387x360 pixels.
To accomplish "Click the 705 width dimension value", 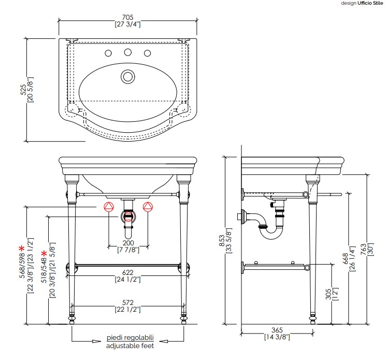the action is click(127, 17).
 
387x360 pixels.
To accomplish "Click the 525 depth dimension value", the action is click(23, 90).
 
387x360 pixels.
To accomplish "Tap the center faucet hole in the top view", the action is click(128, 52).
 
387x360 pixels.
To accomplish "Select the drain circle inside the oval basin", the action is click(128, 77).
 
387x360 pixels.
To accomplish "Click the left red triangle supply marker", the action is click(109, 207).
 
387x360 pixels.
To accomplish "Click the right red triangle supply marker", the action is click(148, 206).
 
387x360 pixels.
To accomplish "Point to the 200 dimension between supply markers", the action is click(128, 243).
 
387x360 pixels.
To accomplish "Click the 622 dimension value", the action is click(127, 272).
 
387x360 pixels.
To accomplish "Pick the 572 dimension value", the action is click(127, 302).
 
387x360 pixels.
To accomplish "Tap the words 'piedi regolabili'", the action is click(130, 338).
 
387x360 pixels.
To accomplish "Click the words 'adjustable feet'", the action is click(130, 345).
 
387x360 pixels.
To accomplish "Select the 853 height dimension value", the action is click(222, 240).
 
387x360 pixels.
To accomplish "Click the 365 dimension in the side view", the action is click(277, 330).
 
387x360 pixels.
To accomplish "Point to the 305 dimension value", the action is click(328, 294).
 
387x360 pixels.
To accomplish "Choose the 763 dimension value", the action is click(363, 250).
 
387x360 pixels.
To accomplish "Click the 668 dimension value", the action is click(345, 259).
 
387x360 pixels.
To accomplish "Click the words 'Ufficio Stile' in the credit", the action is click(370, 3).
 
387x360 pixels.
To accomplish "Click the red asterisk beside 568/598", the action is click(21, 248).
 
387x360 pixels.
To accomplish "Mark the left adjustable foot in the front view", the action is click(72, 319).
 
